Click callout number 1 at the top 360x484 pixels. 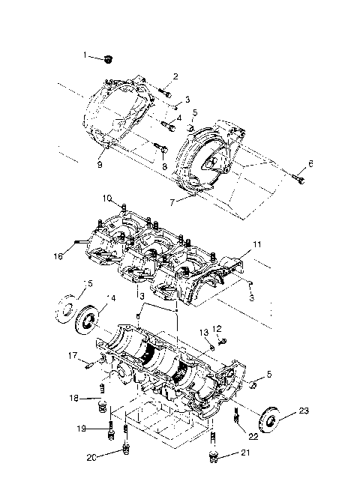(85, 54)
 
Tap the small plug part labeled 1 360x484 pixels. (109, 58)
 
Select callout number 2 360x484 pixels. (175, 76)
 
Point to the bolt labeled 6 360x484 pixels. (300, 179)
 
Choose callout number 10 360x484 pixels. (108, 199)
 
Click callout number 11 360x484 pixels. (256, 244)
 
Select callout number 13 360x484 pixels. (203, 332)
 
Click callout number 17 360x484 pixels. (73, 355)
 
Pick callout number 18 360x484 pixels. (76, 397)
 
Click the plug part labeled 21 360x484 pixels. (213, 456)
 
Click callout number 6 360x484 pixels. (311, 163)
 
